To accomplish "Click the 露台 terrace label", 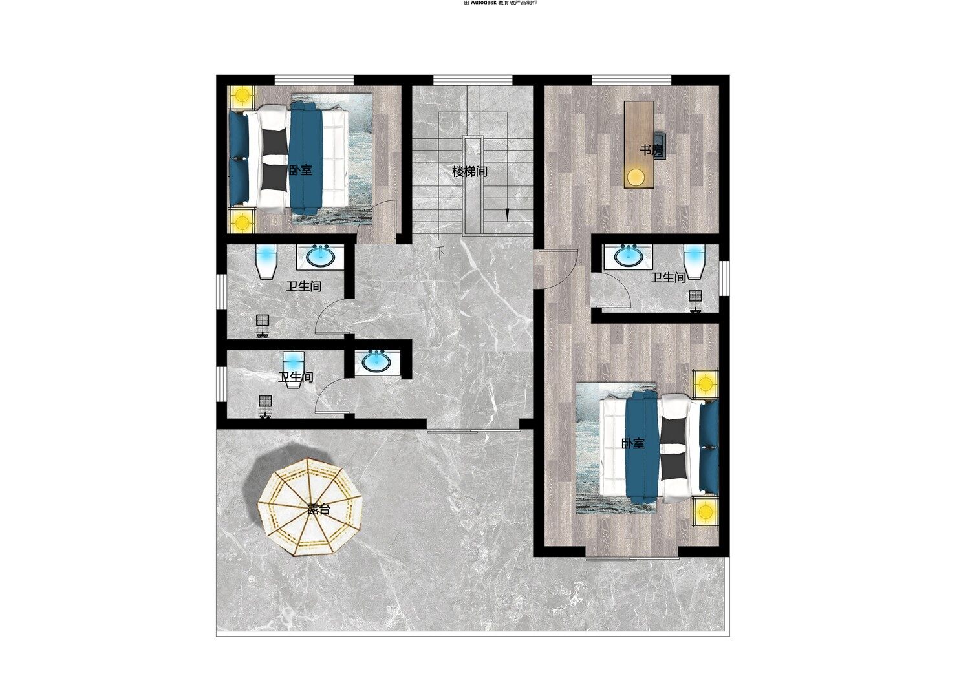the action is click(x=319, y=509).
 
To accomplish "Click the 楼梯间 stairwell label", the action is click(x=470, y=172).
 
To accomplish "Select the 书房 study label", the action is click(x=651, y=150).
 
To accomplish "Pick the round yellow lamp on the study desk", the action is click(x=636, y=176).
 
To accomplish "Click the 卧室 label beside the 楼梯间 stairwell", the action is click(x=301, y=170).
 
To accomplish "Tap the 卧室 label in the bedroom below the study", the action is click(x=632, y=443).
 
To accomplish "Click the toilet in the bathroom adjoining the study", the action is click(x=694, y=261).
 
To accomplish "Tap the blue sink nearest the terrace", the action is click(x=376, y=361).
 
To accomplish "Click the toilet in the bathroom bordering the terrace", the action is click(x=294, y=369).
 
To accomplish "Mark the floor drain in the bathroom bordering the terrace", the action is click(x=265, y=401).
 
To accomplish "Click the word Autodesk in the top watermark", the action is click(x=484, y=3).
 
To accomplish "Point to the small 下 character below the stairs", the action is click(x=440, y=252).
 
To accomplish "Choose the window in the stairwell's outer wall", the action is click(x=473, y=80).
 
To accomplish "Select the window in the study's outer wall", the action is click(x=632, y=80).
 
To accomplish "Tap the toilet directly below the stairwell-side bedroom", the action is click(x=266, y=262).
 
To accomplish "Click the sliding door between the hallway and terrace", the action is click(x=473, y=430).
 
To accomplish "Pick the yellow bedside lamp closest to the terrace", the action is click(x=706, y=511).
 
